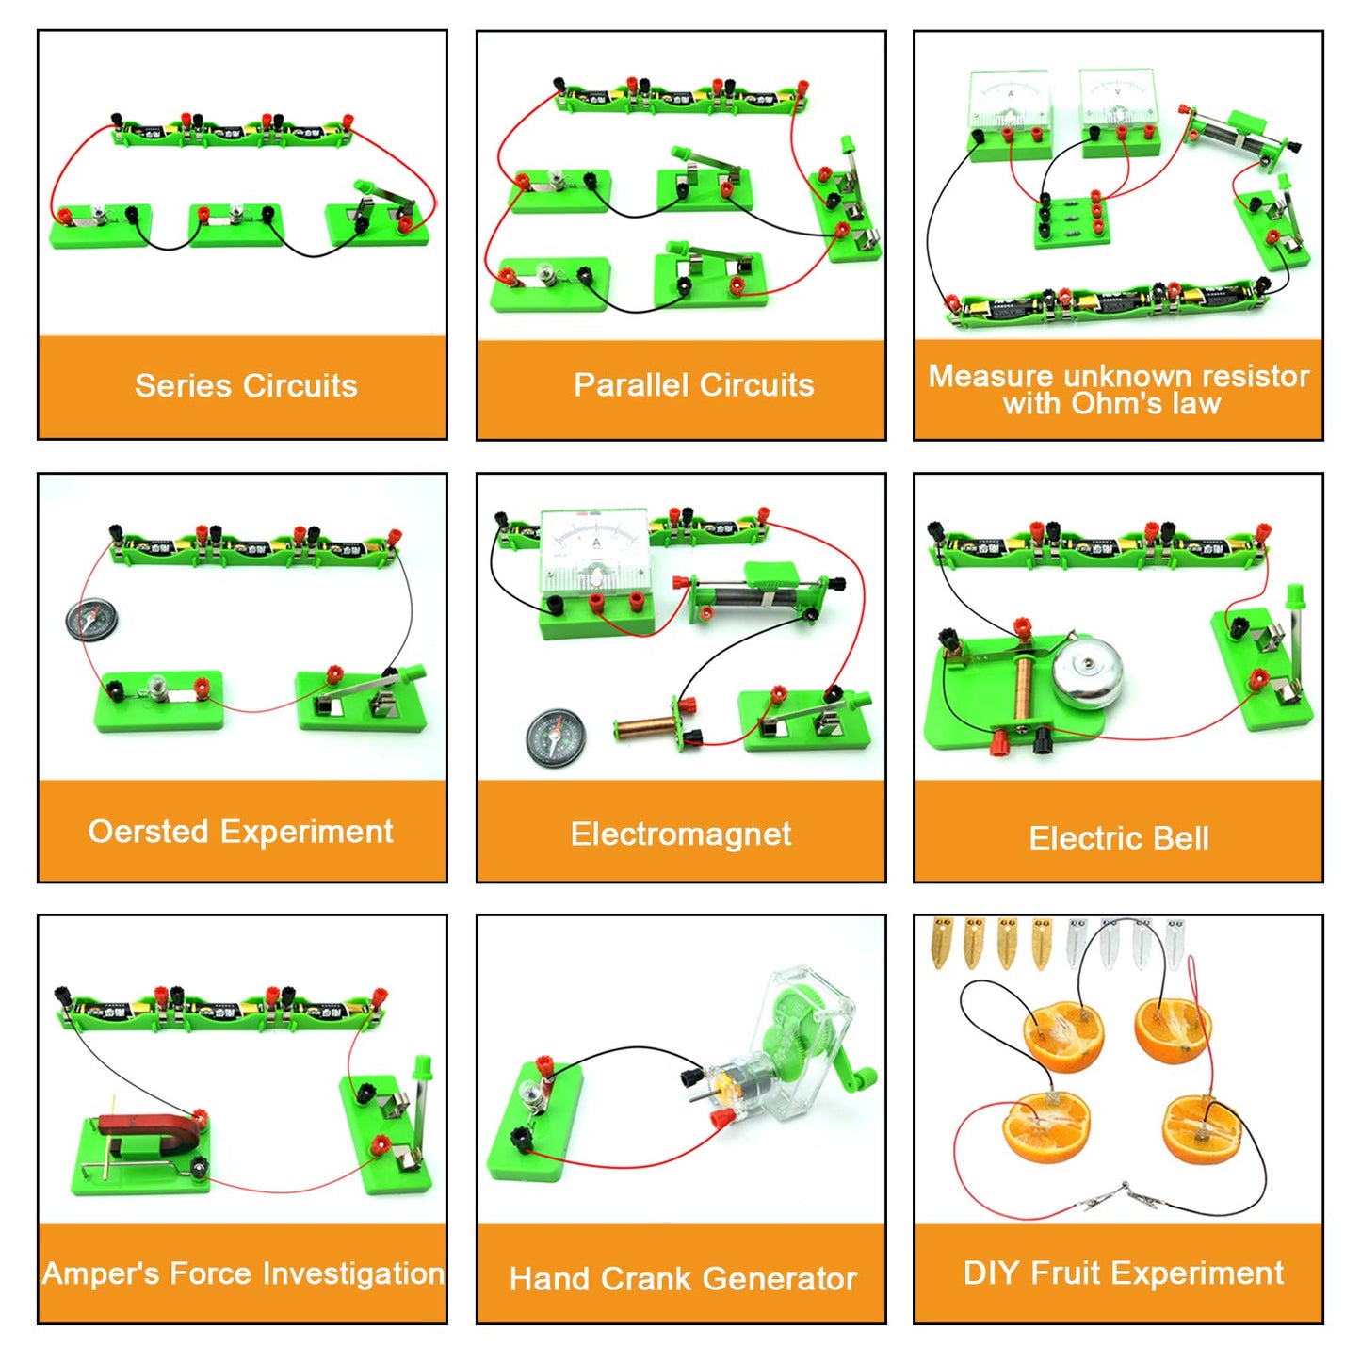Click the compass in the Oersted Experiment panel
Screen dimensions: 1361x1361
coord(90,620)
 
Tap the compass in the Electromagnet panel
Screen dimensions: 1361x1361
coord(556,738)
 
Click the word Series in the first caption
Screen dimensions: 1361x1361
coord(183,386)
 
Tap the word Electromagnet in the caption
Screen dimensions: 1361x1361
coord(681,834)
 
